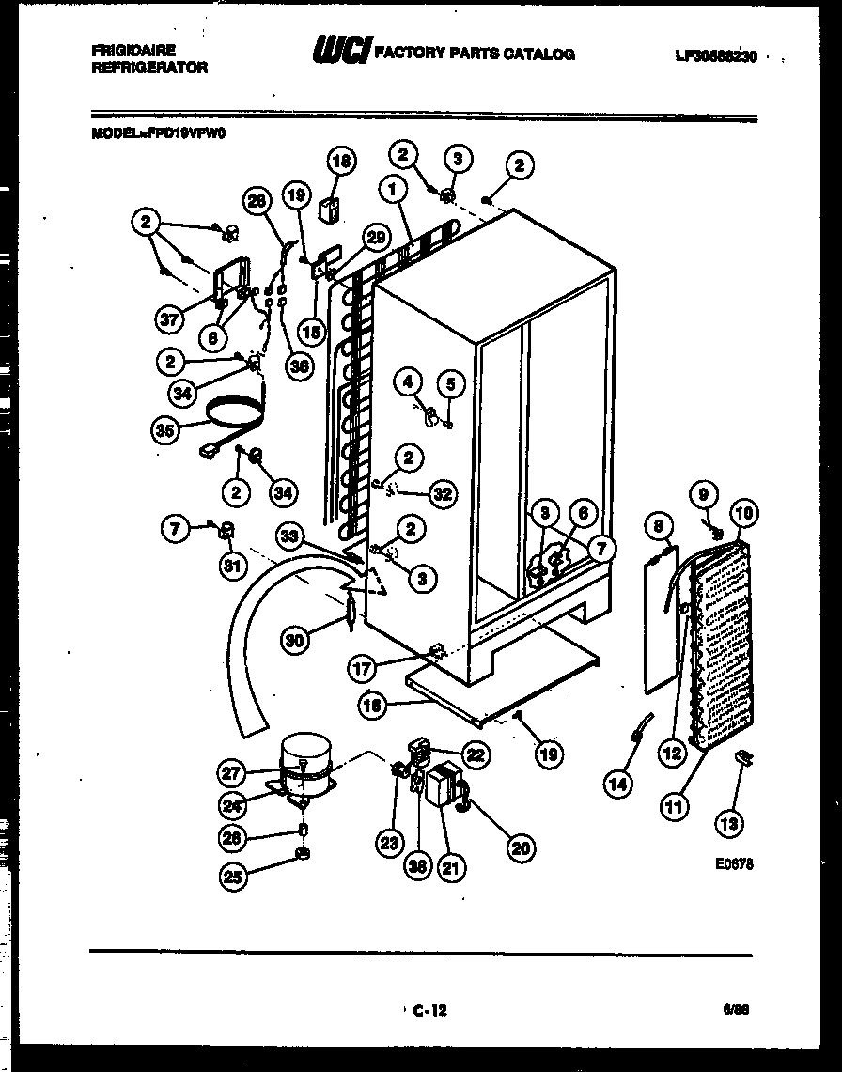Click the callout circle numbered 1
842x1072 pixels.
coord(392,190)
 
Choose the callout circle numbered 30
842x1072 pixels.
coord(296,641)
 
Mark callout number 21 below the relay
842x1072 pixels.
coord(453,869)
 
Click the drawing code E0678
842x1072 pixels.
coord(732,864)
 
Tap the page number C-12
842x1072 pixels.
coord(429,1011)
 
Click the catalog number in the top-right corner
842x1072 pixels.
coord(715,55)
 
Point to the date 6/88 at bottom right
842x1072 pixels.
coord(736,1010)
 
